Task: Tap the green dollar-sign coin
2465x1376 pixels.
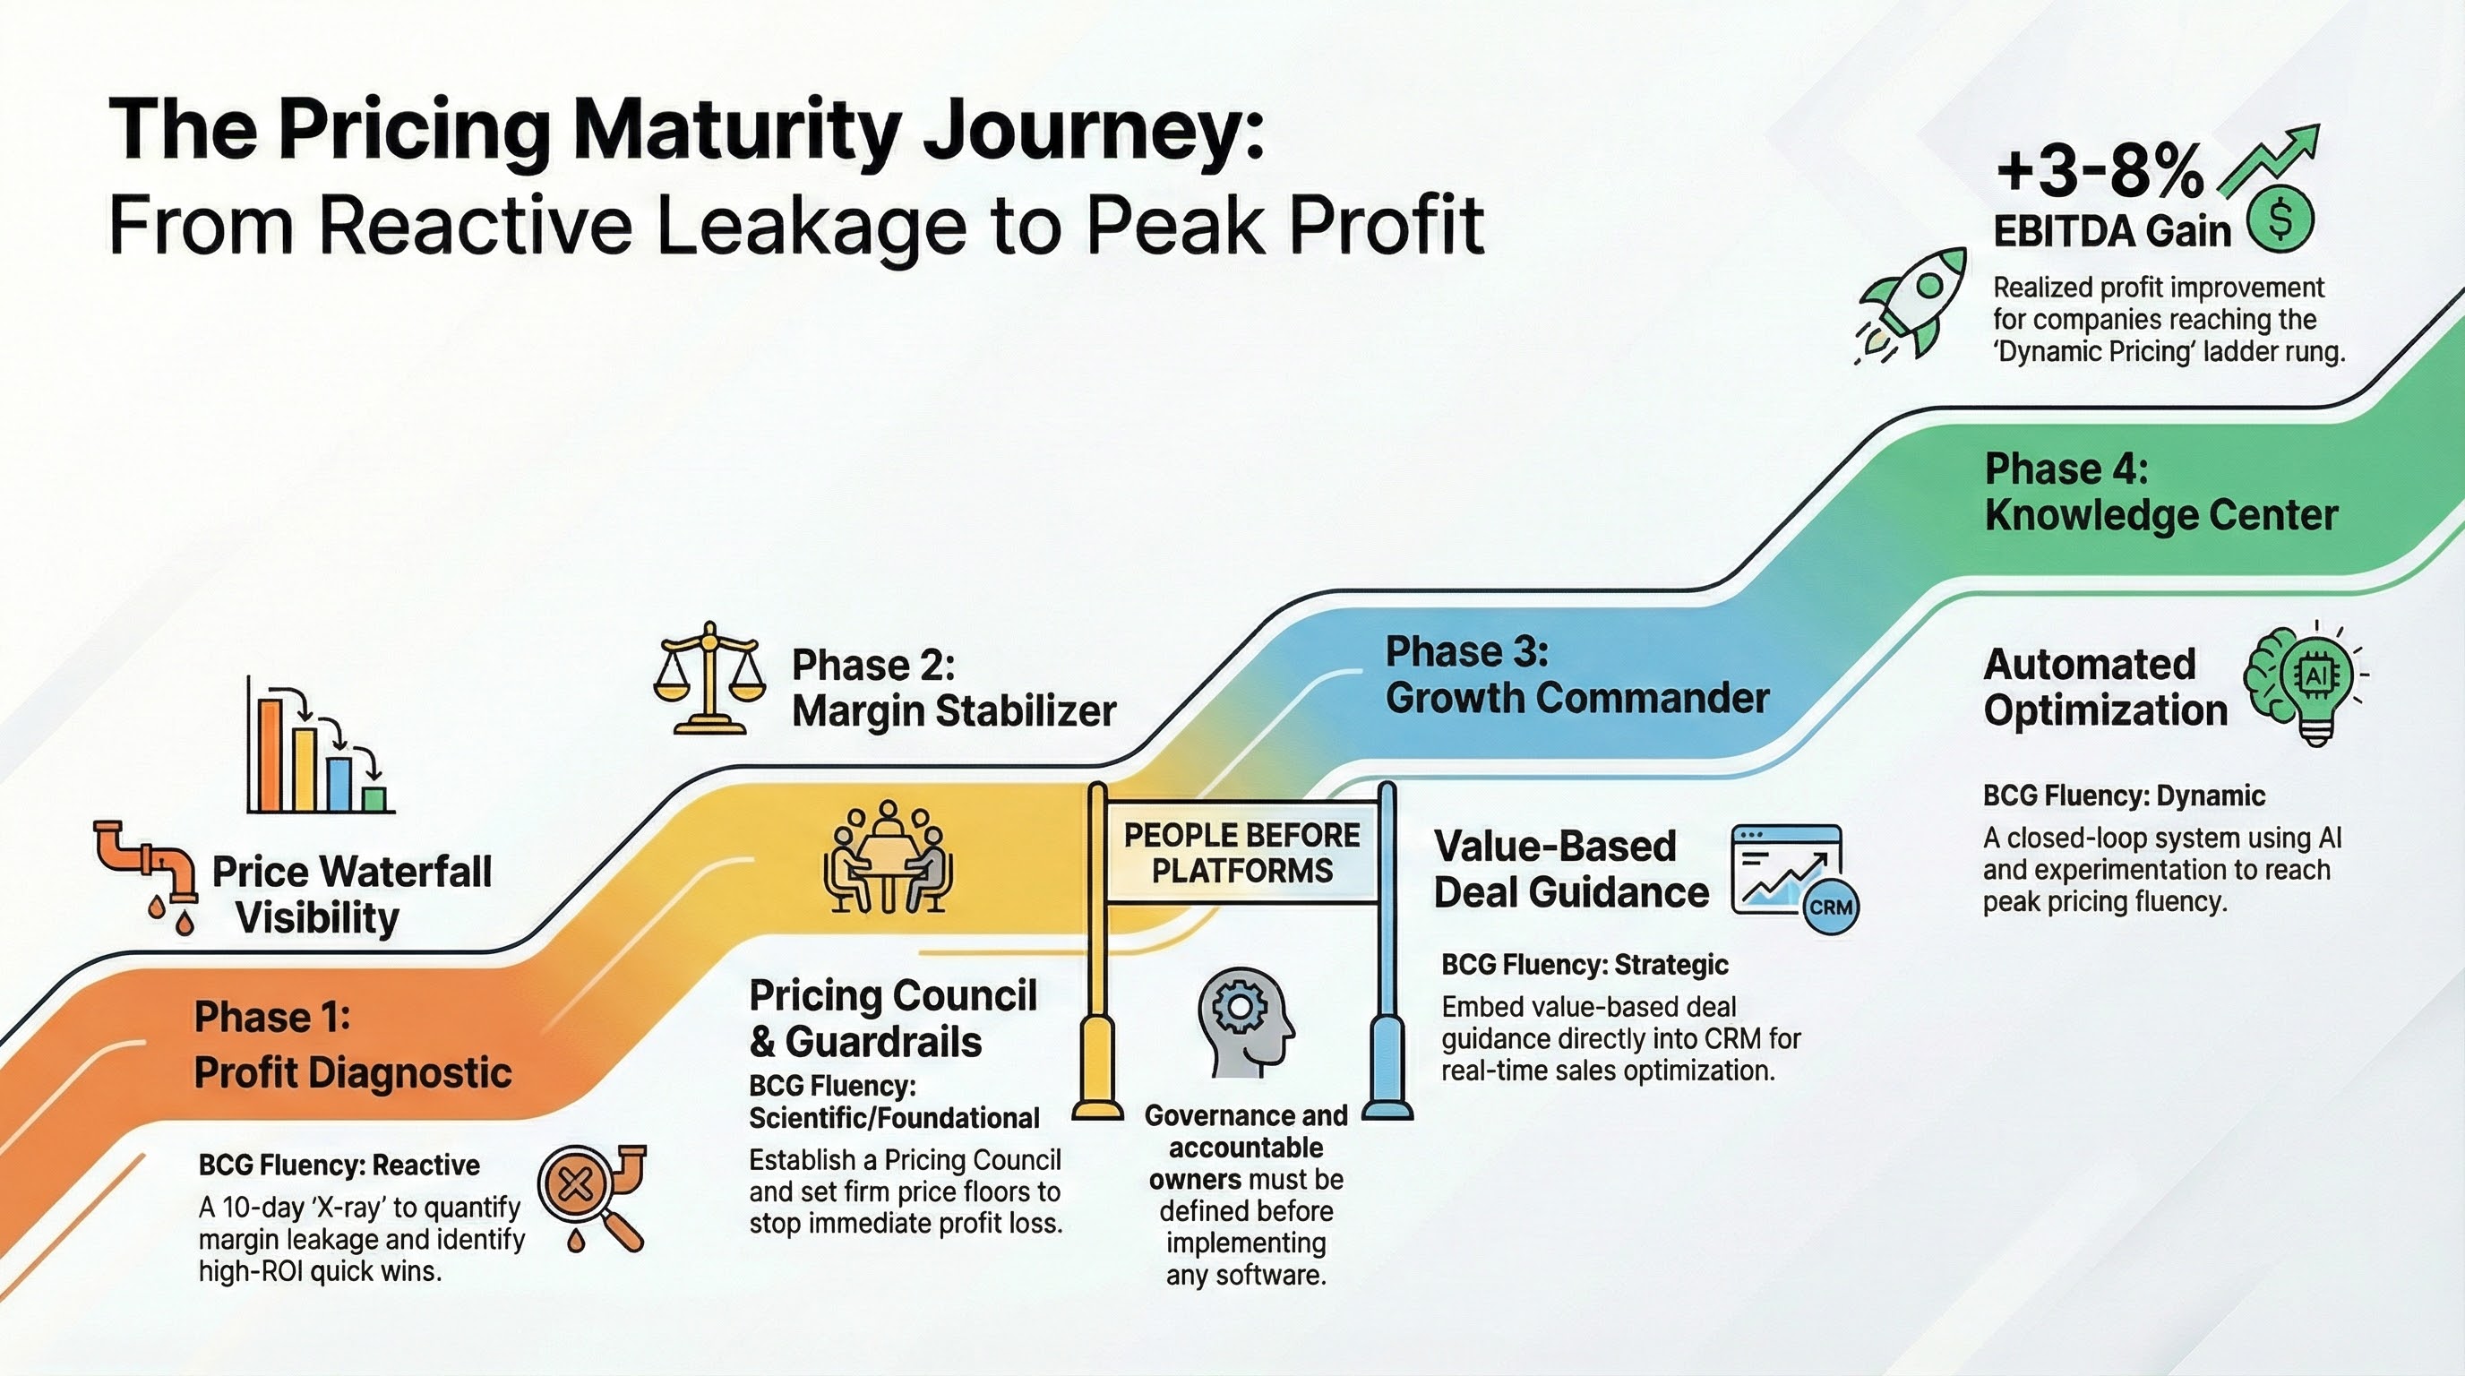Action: [x=2280, y=219]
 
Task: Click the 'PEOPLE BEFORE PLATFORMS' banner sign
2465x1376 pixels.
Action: [x=1241, y=853]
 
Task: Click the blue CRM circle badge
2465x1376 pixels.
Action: [x=1831, y=907]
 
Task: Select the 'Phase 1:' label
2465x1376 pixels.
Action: [x=272, y=1017]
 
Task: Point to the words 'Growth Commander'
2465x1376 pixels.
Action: [x=1577, y=698]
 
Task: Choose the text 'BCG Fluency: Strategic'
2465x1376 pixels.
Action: [x=1585, y=965]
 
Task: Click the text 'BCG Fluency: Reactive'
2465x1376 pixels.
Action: [x=339, y=1165]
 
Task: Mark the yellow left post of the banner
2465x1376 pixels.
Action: [x=1097, y=957]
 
